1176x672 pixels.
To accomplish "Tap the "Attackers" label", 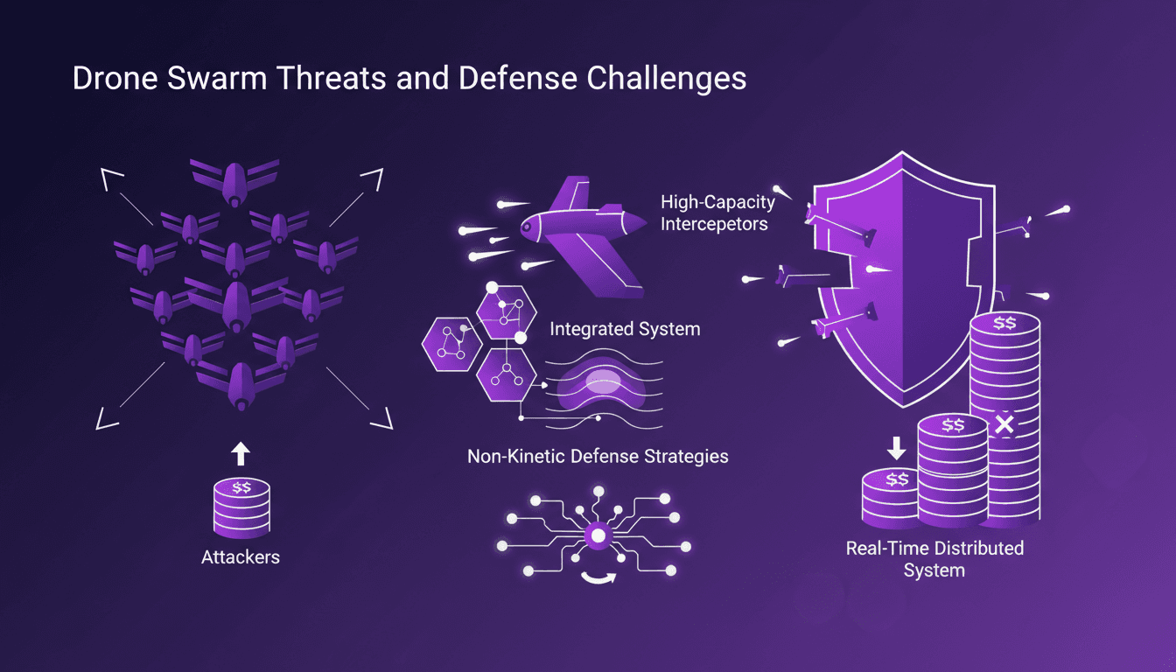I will (x=240, y=556).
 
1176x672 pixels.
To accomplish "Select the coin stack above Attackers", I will (x=240, y=507).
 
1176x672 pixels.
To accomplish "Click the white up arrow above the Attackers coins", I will (x=241, y=453).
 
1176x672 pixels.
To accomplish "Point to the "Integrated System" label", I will (x=625, y=330).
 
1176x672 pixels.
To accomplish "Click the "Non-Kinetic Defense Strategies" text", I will (x=598, y=456).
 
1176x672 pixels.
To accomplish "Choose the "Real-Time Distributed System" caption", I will (x=934, y=559).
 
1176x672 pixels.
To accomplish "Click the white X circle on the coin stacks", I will (x=1004, y=425).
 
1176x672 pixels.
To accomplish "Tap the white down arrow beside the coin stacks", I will (x=897, y=447).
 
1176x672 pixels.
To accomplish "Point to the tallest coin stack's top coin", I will (x=1004, y=323).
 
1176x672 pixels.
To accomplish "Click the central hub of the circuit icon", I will (x=598, y=535).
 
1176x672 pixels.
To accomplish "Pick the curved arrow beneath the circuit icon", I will (x=598, y=578).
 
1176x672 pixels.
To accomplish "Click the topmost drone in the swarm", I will (x=234, y=182).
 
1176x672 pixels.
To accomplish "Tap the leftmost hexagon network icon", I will (x=449, y=343).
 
